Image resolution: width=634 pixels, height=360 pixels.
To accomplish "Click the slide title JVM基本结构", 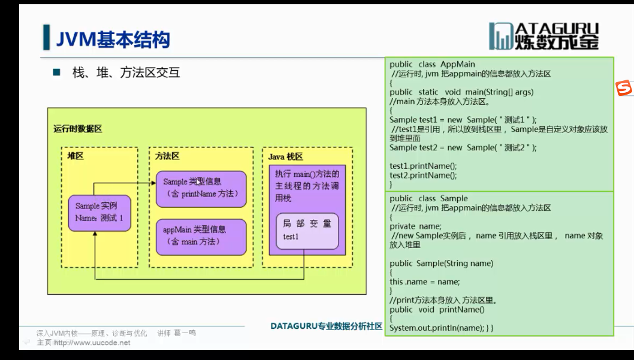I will pos(113,40).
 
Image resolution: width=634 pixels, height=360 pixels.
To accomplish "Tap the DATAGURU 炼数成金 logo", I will pos(544,37).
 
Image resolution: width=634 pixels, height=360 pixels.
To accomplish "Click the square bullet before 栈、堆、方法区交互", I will pos(57,73).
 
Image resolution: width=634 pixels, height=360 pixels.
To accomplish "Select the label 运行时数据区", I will pos(77,129).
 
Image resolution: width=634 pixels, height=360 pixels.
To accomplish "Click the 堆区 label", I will pos(75,156).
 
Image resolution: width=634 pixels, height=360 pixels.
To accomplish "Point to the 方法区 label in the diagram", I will pos(167,156).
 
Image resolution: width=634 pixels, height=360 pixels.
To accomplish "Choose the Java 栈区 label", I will pos(285,156).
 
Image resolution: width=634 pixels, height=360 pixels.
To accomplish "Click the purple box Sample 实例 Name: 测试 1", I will pos(99,212).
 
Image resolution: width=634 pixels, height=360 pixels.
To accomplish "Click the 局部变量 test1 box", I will pos(307,231).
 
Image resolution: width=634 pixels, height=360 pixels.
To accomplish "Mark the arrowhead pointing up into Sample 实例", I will pos(94,234).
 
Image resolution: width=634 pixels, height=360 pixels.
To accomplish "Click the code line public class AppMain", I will pos(431,64).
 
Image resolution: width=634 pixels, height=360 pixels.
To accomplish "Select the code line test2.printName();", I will pos(423,176).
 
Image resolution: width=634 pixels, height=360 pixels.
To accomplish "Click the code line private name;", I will pos(415,226).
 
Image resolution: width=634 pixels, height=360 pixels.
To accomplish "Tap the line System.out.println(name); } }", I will pos(441,328).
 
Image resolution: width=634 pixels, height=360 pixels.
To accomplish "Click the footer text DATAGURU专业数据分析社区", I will pos(326,326).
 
